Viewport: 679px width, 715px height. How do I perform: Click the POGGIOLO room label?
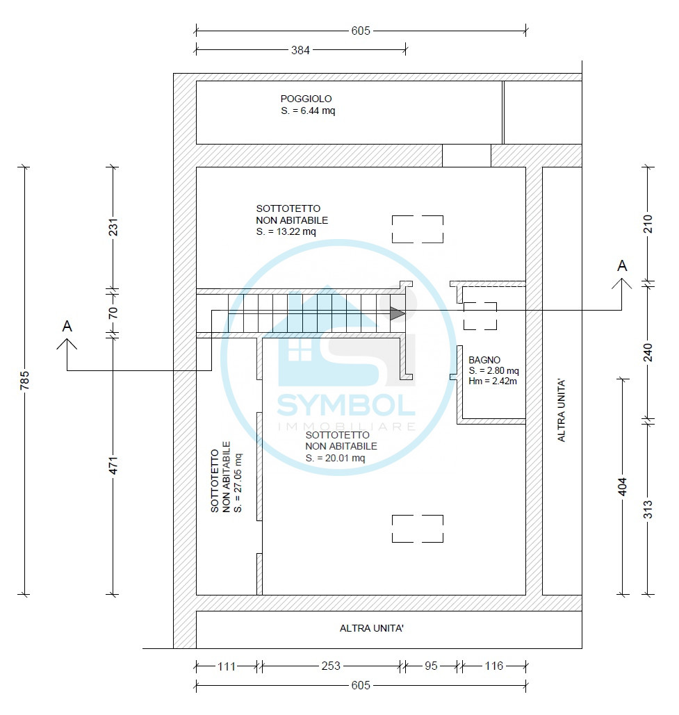(306, 99)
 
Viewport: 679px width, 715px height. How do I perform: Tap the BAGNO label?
(484, 360)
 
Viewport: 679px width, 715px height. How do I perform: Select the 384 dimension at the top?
(300, 50)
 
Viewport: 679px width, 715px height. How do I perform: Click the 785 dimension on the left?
(24, 380)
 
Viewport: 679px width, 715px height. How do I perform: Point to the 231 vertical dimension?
(113, 227)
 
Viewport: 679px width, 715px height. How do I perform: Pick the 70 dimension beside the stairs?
(113, 313)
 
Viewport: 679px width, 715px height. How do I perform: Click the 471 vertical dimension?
(113, 465)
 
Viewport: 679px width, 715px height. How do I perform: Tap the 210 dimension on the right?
(648, 224)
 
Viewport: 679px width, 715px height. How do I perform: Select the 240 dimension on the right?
(648, 352)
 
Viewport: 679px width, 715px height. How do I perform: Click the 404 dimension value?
(623, 486)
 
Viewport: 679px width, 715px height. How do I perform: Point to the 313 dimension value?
(648, 509)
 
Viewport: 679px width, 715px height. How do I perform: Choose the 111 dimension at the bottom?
(226, 666)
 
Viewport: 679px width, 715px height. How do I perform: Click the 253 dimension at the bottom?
(331, 666)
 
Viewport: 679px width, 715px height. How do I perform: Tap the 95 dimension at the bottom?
(431, 666)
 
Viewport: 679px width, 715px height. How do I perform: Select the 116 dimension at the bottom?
(494, 666)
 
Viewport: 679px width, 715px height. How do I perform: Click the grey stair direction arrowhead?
(397, 313)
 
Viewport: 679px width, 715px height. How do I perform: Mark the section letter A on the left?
(67, 327)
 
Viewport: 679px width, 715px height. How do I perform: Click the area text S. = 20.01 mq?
(335, 459)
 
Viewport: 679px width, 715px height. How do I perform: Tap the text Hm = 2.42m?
(493, 381)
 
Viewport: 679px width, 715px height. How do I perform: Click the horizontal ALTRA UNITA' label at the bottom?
(372, 628)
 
